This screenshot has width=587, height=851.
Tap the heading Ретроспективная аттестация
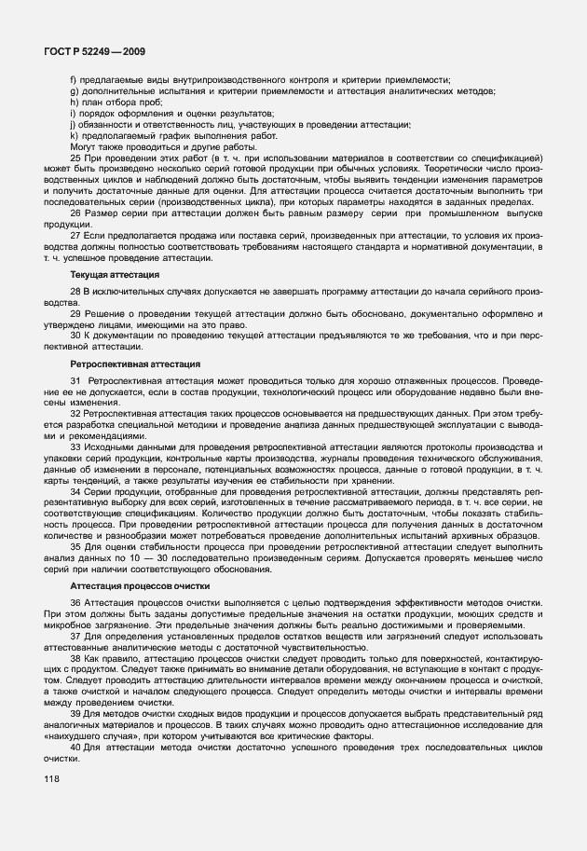tap(130, 363)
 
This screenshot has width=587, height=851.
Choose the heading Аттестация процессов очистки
tap(140, 585)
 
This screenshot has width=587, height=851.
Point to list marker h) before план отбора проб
tap(74, 102)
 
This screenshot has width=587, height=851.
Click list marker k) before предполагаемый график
tap(74, 135)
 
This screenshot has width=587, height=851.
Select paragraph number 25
tap(75, 158)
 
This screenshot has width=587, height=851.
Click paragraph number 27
tap(75, 236)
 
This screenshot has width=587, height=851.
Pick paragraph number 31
tap(75, 381)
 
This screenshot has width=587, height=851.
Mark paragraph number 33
tap(75, 448)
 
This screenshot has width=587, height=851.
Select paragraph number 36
tap(75, 605)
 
